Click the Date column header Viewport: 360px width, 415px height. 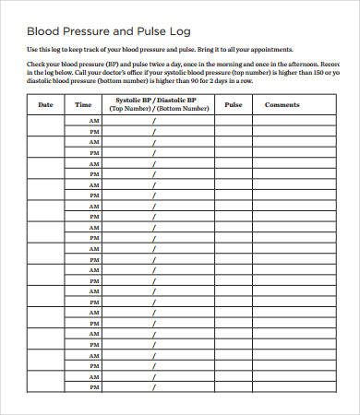tap(46, 105)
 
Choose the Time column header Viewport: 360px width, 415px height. tap(84, 105)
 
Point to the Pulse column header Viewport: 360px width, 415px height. tap(234, 105)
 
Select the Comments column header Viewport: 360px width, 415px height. tap(282, 105)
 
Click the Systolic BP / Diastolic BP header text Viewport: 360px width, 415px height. tap(153, 101)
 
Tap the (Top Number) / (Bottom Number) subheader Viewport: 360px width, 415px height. tap(153, 109)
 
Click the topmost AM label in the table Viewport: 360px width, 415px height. tap(93, 121)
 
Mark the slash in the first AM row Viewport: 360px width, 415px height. tap(153, 121)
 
